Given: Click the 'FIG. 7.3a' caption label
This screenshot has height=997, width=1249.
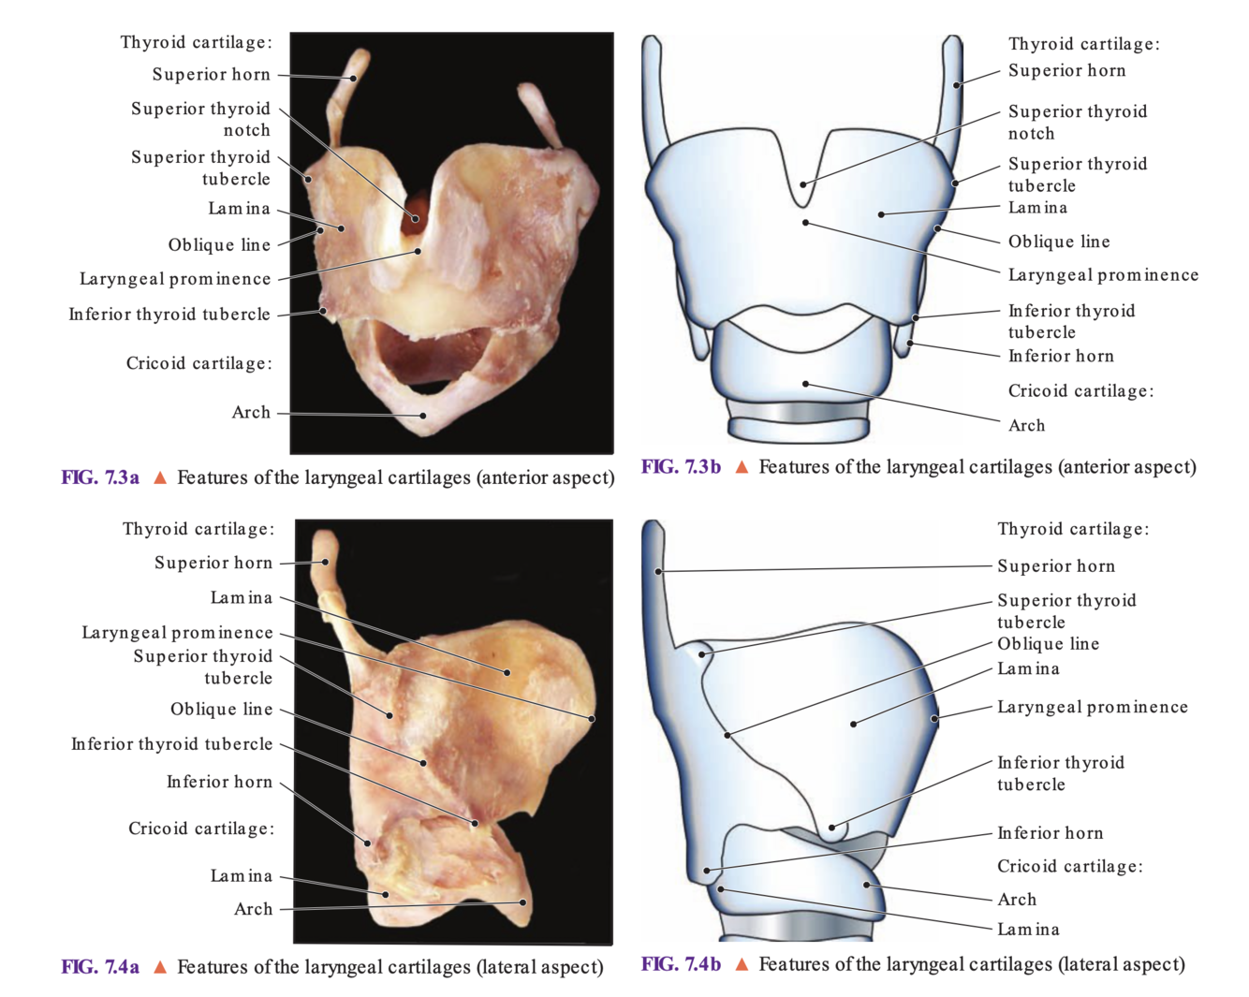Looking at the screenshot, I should pyautogui.click(x=100, y=477).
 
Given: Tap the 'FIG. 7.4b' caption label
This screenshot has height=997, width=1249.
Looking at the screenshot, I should pyautogui.click(x=681, y=963).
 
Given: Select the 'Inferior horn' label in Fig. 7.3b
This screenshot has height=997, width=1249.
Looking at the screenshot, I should pyautogui.click(x=1060, y=356).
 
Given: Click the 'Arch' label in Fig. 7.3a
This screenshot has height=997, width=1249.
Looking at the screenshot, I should pyautogui.click(x=251, y=412).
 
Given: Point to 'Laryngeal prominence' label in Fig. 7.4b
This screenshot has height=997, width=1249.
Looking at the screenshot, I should pyautogui.click(x=1092, y=707).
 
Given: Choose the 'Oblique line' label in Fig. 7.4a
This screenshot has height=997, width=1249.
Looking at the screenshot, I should pyautogui.click(x=221, y=709).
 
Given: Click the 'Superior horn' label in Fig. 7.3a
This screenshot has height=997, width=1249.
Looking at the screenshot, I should pyautogui.click(x=211, y=74).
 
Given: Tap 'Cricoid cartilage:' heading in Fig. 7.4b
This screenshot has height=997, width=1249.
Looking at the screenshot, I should pyautogui.click(x=1069, y=866).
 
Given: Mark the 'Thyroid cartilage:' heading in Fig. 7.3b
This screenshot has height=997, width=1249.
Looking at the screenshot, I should pyautogui.click(x=1083, y=43).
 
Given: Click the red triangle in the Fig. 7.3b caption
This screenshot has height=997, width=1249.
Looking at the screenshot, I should pyautogui.click(x=742, y=467).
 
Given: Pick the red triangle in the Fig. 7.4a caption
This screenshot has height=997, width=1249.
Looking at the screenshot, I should pyautogui.click(x=160, y=967).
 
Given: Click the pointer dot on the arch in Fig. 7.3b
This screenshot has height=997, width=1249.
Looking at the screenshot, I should pyautogui.click(x=805, y=384).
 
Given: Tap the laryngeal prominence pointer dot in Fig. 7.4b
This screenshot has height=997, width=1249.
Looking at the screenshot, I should pyautogui.click(x=934, y=719).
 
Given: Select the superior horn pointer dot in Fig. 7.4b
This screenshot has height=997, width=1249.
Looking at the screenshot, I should pyautogui.click(x=659, y=571).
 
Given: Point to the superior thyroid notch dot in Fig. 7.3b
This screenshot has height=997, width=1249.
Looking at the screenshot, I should pyautogui.click(x=803, y=184).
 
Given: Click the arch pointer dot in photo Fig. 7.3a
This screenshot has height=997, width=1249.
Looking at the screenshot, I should pyautogui.click(x=423, y=416).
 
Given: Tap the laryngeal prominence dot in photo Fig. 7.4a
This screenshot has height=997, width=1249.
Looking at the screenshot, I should pyautogui.click(x=592, y=719).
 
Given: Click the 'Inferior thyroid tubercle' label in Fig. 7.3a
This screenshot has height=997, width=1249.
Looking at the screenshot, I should pyautogui.click(x=169, y=314).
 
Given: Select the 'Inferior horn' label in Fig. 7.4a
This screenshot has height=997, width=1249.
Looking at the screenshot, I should pyautogui.click(x=219, y=782).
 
